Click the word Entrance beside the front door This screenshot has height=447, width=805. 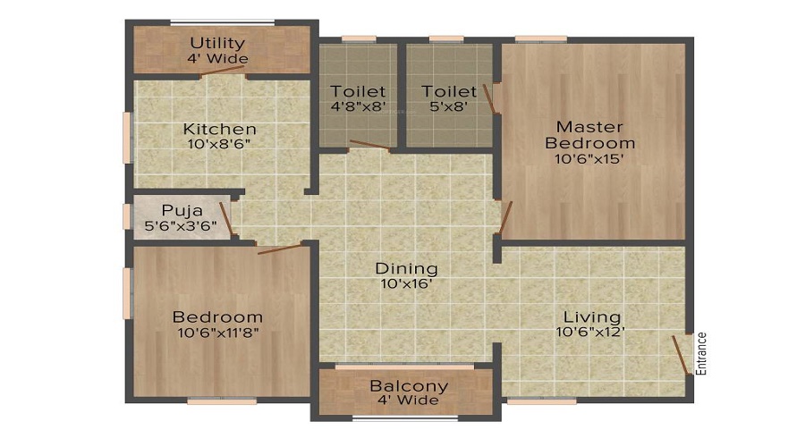[x=700, y=354]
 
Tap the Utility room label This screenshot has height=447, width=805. [x=217, y=43]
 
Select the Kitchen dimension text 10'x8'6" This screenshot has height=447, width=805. [x=219, y=144]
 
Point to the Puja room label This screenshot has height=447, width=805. [x=182, y=210]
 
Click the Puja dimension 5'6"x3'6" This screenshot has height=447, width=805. [x=181, y=226]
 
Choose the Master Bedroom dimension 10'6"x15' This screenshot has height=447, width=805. [x=589, y=159]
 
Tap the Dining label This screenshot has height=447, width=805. [x=407, y=268]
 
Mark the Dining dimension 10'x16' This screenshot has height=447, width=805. [x=408, y=283]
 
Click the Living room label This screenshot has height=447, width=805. [x=592, y=316]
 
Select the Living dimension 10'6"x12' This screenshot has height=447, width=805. [x=590, y=332]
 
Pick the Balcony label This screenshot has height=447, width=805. [x=409, y=386]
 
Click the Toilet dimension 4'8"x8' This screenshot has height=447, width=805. [x=358, y=107]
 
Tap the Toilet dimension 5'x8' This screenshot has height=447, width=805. [x=449, y=107]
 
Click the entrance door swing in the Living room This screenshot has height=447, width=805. [x=681, y=355]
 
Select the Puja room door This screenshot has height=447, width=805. [x=226, y=219]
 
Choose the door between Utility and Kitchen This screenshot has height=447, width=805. [x=222, y=71]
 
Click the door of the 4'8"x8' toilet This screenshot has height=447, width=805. [x=369, y=145]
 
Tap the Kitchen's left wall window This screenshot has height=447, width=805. [x=126, y=138]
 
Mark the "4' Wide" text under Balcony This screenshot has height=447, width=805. [x=408, y=401]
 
